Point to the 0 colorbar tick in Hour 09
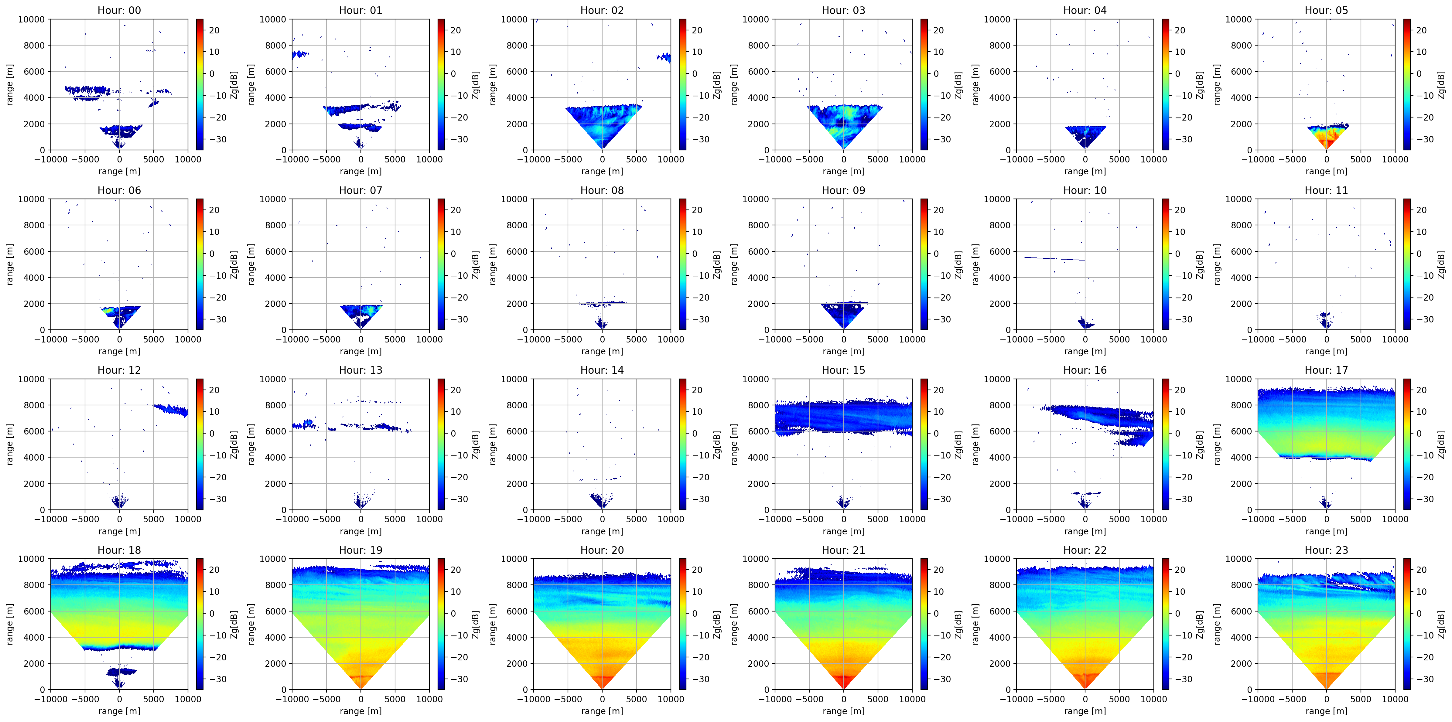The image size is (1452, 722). click(x=936, y=254)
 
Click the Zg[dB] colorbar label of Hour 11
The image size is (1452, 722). click(x=1441, y=264)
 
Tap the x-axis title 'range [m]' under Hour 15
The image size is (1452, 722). click(x=843, y=531)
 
